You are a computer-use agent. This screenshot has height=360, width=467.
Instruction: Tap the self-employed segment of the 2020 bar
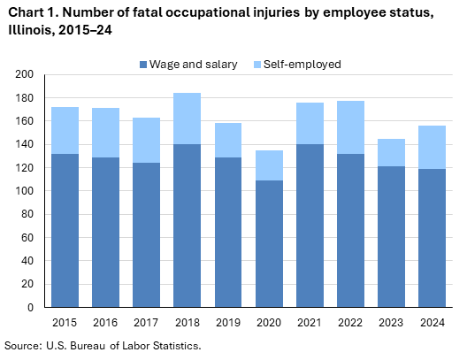269,165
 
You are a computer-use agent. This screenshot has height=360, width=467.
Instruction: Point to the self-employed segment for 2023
390,152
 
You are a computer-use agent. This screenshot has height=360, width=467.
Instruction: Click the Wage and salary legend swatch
143,65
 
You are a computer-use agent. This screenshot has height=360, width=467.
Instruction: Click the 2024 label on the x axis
431,324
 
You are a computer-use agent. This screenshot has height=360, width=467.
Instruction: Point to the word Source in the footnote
24,345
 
